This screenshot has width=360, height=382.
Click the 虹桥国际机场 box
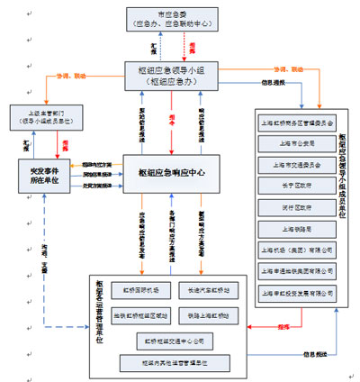(x=140, y=291)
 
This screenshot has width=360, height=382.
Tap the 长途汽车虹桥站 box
(x=208, y=291)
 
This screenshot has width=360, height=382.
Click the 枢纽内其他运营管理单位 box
(x=175, y=362)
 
